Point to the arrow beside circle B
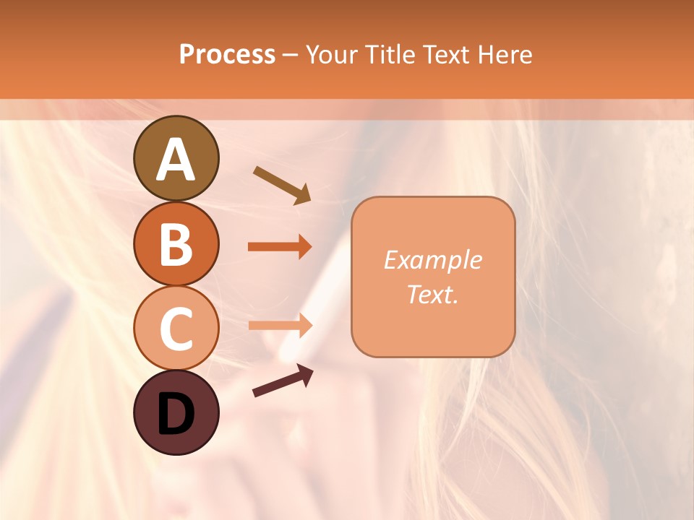280,247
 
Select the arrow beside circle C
280,325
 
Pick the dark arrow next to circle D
283,381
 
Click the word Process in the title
227,54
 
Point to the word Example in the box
432,260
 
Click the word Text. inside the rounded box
432,294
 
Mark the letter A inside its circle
176,160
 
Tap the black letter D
176,415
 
